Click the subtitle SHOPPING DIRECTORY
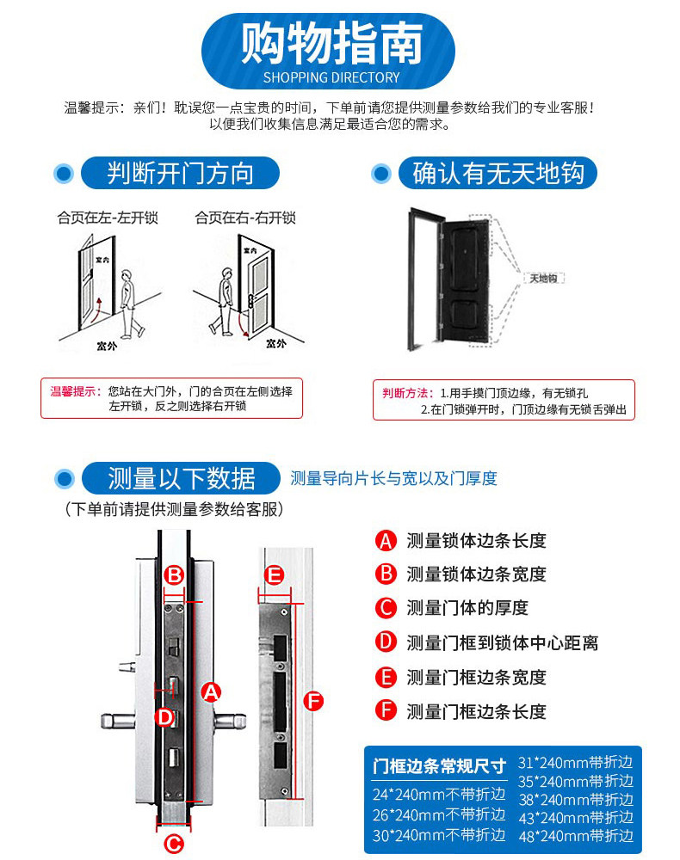[x=331, y=77]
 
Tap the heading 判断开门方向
[x=181, y=173]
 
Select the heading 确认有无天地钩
[x=498, y=173]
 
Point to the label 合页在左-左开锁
[x=108, y=218]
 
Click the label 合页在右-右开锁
[x=245, y=218]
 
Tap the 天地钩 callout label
[x=544, y=279]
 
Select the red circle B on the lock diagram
[x=174, y=574]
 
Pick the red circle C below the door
[x=174, y=844]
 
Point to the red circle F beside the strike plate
[x=314, y=702]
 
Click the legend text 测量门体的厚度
[x=467, y=608]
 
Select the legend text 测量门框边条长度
[x=476, y=711]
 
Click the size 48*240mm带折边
[x=575, y=834]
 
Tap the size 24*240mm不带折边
[x=438, y=794]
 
